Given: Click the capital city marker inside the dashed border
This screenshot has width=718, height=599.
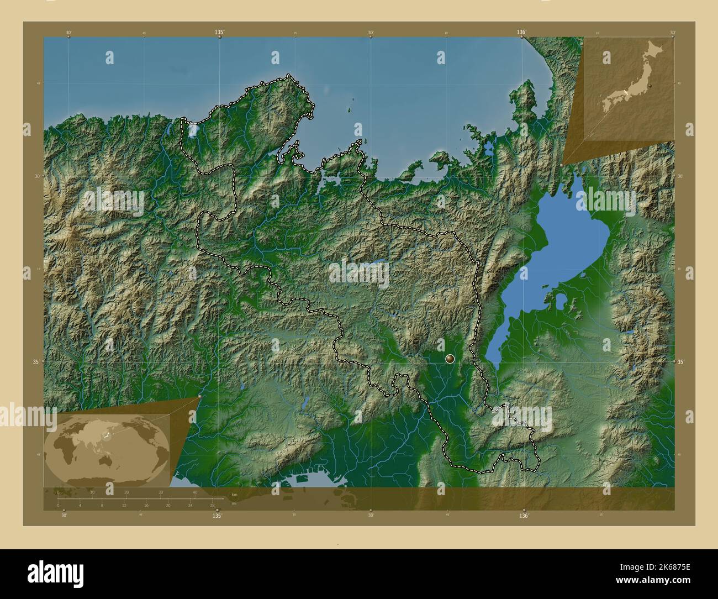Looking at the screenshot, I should (451, 360).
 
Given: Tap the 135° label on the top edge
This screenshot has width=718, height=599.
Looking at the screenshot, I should (219, 33).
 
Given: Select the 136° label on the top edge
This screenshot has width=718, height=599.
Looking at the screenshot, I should (521, 33).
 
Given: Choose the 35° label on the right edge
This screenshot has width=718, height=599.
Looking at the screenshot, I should (681, 361).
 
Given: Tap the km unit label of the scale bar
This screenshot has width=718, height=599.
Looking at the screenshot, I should (234, 493).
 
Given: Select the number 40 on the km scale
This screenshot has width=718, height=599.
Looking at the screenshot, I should (194, 492).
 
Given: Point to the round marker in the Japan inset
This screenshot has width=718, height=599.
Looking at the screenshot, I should (652, 86).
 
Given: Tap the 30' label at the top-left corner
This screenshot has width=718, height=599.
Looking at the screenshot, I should (68, 33).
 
